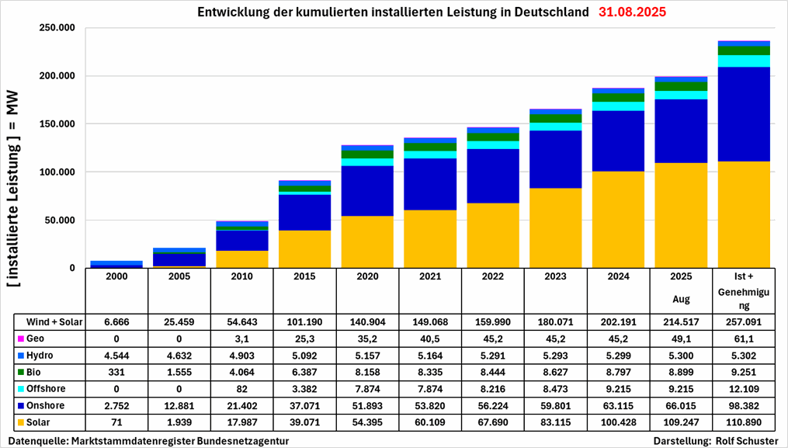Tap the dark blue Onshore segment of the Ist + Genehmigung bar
click(744, 114)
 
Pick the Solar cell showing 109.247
click(682, 423)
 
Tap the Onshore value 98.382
click(744, 406)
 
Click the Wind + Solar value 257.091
click(744, 321)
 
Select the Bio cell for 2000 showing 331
click(116, 372)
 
